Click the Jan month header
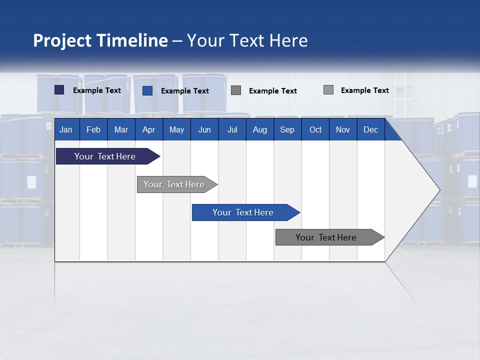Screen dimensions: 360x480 66,129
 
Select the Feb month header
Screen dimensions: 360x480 93,129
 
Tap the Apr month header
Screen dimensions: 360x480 148,129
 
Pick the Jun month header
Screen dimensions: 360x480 204,129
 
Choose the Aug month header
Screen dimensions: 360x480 259,129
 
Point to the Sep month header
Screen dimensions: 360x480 287,129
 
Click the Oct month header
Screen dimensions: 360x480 315,129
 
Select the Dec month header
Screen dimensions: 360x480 370,129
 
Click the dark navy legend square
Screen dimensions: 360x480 59,90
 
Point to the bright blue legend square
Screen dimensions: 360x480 147,90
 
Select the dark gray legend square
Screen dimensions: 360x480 236,90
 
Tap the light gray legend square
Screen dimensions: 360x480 328,90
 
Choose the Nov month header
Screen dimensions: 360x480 342,129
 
